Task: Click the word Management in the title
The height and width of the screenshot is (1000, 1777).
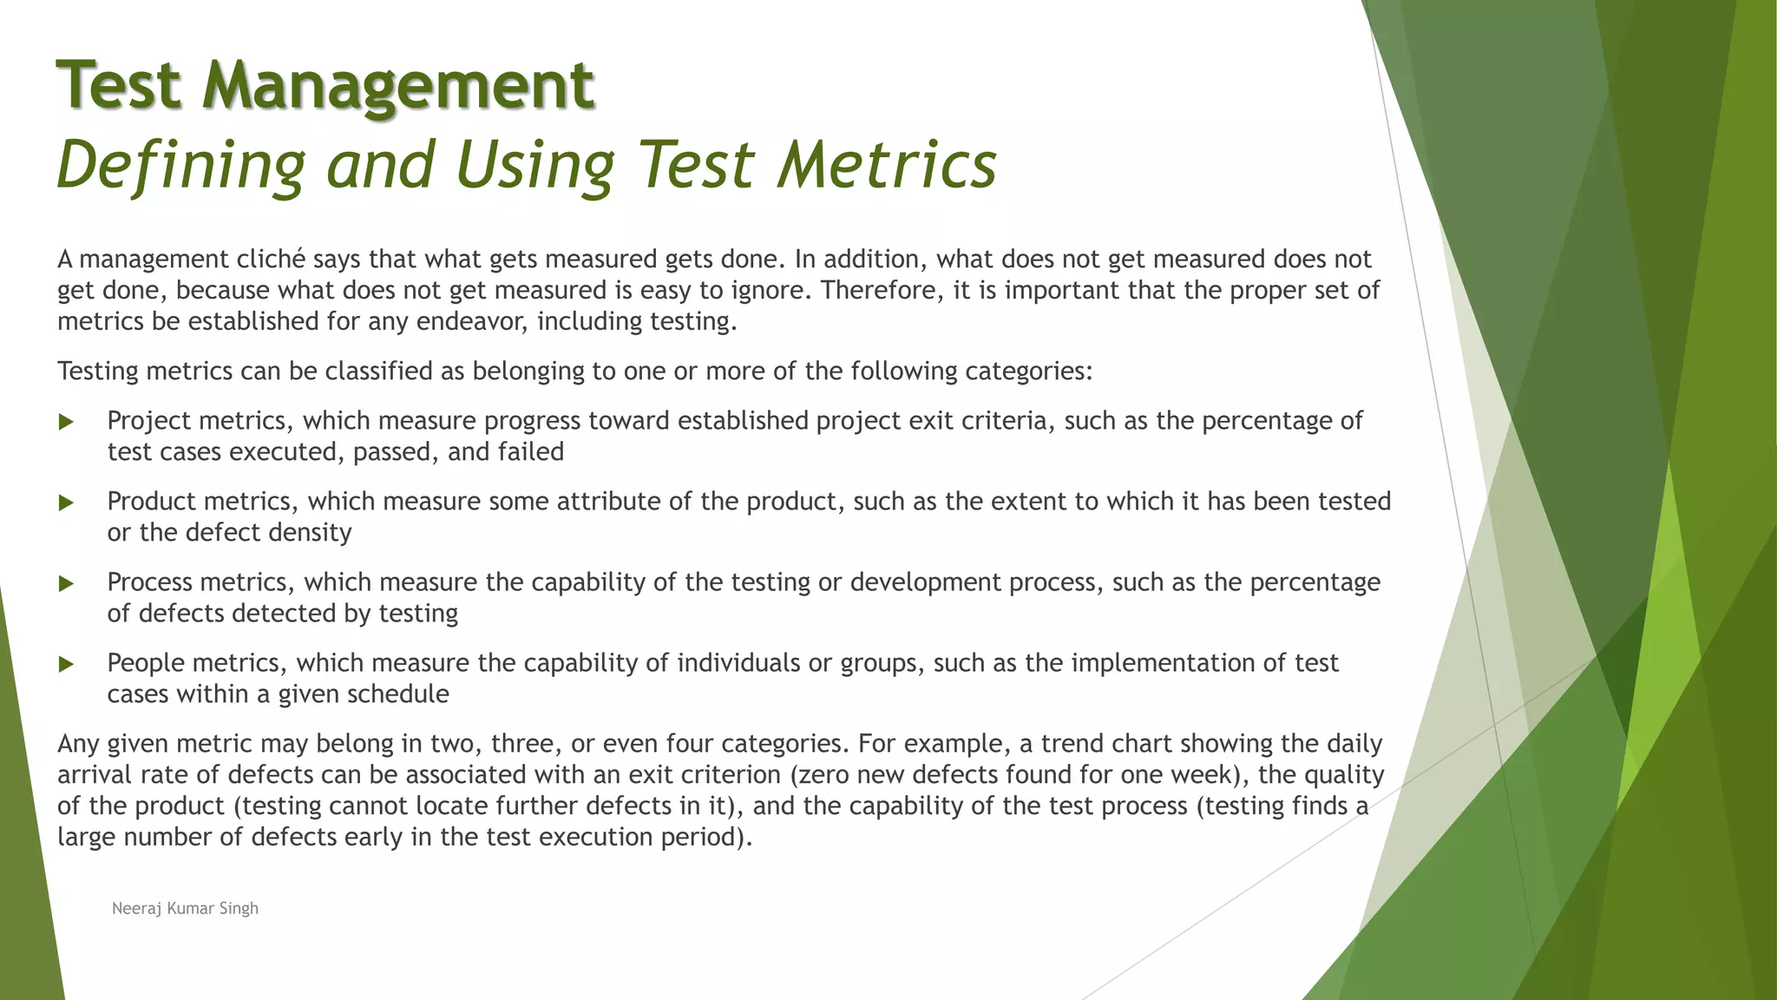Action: pyautogui.click(x=398, y=86)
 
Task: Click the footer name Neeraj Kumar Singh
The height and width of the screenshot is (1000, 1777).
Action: pyautogui.click(x=185, y=908)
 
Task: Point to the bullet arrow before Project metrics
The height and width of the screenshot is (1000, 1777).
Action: pyautogui.click(x=66, y=423)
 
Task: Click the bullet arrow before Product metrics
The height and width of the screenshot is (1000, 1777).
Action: pyautogui.click(x=66, y=503)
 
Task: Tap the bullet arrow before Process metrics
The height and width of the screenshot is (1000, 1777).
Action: pyautogui.click(x=66, y=584)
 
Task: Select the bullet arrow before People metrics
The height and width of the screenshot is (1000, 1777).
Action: pyautogui.click(x=66, y=665)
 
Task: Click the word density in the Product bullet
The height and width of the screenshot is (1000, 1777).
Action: pyautogui.click(x=311, y=533)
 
